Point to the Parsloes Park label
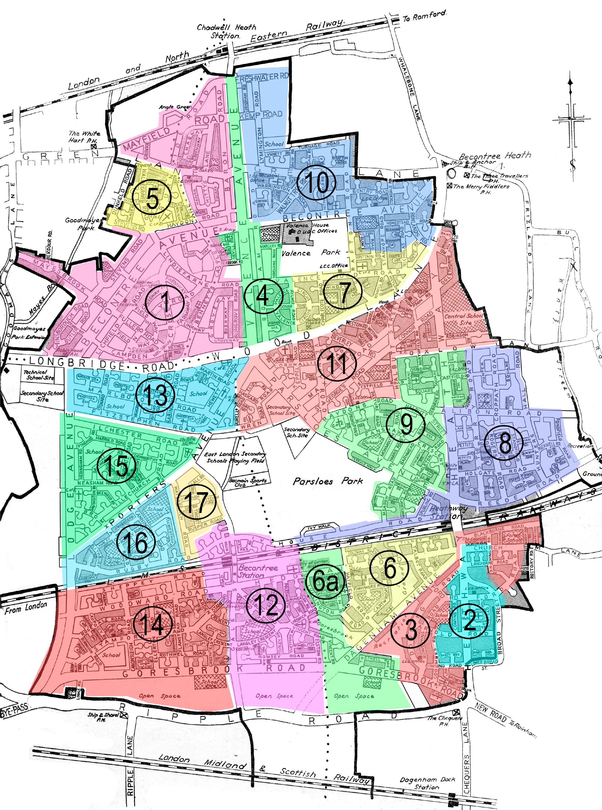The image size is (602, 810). point(328,481)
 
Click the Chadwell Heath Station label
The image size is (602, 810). point(226,31)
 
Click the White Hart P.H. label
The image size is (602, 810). point(84,137)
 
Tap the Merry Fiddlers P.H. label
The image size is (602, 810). point(481,188)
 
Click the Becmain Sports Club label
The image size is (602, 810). point(244,482)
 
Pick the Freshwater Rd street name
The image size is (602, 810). point(262,76)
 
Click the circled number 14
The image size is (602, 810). point(152,624)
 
